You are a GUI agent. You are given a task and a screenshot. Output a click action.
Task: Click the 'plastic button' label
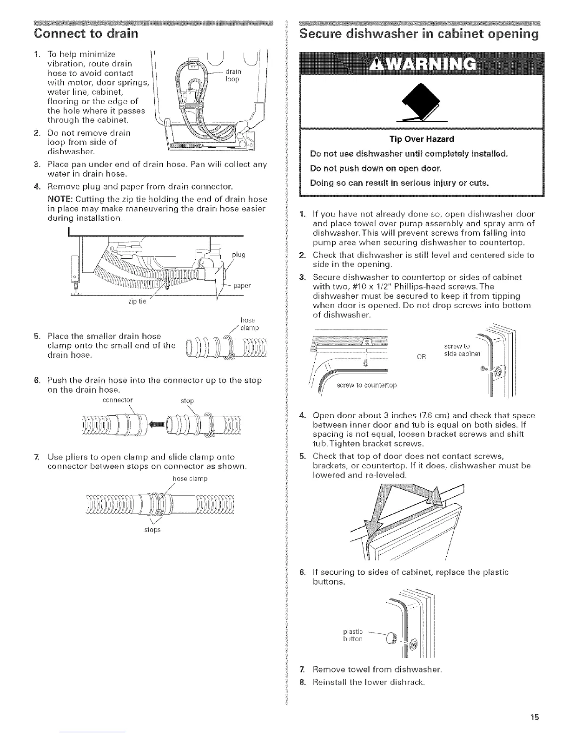point(353,635)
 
